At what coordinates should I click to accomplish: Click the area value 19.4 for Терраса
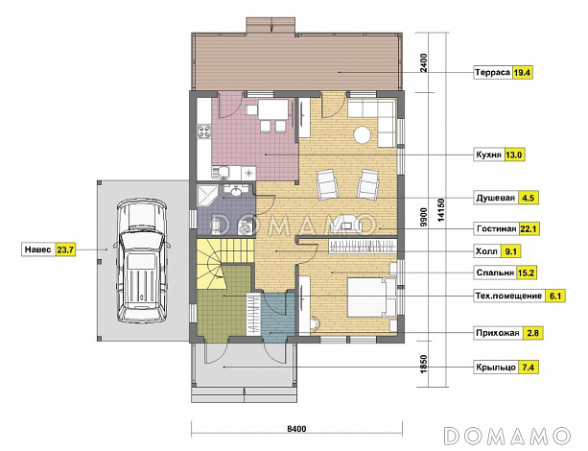click(x=523, y=72)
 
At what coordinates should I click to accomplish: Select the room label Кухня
click(x=488, y=154)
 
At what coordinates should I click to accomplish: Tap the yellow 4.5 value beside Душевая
click(x=528, y=198)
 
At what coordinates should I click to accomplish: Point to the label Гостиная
click(x=497, y=229)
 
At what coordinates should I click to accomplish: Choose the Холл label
click(x=486, y=251)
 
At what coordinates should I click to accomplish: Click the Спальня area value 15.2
click(x=526, y=273)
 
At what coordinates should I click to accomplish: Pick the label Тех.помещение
click(x=509, y=296)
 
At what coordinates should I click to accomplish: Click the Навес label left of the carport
click(x=37, y=249)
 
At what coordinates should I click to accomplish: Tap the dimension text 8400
click(x=296, y=429)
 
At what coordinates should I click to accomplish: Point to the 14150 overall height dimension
click(x=440, y=210)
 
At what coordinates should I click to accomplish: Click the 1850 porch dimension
click(x=424, y=364)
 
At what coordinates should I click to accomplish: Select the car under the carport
click(x=141, y=261)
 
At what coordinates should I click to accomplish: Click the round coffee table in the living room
click(x=363, y=134)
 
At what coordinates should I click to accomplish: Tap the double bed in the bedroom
click(x=371, y=297)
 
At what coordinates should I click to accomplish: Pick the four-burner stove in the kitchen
click(x=203, y=131)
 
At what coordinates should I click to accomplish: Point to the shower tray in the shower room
click(x=207, y=195)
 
